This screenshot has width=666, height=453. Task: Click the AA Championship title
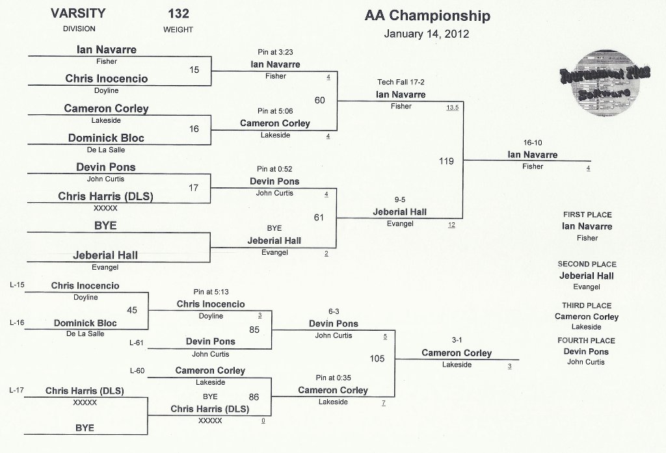tap(427, 16)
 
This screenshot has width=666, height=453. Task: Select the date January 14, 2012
tap(427, 34)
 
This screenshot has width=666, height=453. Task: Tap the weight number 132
tap(178, 14)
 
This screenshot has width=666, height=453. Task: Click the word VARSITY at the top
tap(78, 13)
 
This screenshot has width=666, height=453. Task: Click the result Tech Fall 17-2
tap(401, 82)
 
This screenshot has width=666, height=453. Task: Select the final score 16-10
tap(533, 142)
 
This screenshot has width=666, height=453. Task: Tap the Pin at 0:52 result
tap(274, 169)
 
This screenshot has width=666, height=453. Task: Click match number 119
tap(446, 161)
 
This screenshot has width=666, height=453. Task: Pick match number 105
tap(377, 359)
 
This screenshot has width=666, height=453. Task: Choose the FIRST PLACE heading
tap(587, 215)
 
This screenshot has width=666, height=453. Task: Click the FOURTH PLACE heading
tap(586, 341)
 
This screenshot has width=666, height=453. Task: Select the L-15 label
tap(17, 285)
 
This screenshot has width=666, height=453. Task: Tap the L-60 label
tap(137, 370)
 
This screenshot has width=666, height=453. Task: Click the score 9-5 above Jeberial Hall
tap(400, 200)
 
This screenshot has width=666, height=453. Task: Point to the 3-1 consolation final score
tap(457, 340)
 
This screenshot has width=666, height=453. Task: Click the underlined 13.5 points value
tap(453, 108)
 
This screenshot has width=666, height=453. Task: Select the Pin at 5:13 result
tap(211, 292)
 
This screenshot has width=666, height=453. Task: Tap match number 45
tap(132, 311)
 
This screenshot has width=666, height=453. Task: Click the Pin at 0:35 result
tap(333, 378)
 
